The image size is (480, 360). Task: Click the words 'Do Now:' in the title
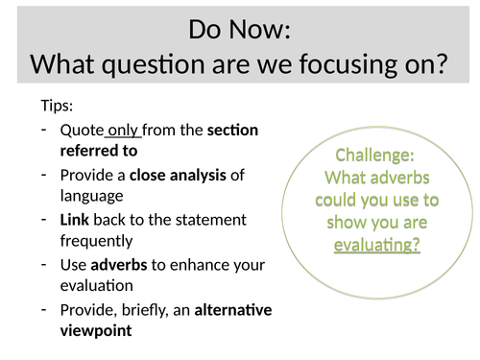(240, 29)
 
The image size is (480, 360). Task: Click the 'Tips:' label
(57, 107)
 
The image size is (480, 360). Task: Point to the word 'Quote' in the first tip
(82, 130)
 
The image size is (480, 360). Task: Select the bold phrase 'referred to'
(99, 151)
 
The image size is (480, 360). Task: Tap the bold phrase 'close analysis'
(177, 174)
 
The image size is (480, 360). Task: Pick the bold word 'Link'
(75, 219)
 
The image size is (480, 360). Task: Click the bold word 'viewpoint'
(97, 331)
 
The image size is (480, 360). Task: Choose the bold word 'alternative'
(233, 309)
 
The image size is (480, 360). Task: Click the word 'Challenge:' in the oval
(376, 156)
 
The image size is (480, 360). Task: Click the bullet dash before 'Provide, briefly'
(45, 309)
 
